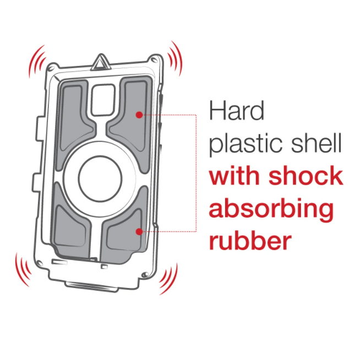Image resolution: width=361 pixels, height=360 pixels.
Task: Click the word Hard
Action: (x=237, y=111)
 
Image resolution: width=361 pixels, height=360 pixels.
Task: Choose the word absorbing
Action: (x=271, y=209)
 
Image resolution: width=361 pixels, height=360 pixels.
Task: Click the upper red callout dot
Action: (x=139, y=115)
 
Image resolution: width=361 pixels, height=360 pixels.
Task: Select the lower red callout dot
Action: (x=139, y=232)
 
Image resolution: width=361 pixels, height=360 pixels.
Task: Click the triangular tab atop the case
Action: (x=101, y=62)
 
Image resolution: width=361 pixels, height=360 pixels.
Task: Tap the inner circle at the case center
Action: (x=100, y=179)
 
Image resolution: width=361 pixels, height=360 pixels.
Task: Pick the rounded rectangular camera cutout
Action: (x=103, y=100)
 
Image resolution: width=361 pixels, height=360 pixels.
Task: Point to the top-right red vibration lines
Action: (x=174, y=58)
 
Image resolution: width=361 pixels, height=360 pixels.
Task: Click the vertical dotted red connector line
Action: (x=196, y=173)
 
